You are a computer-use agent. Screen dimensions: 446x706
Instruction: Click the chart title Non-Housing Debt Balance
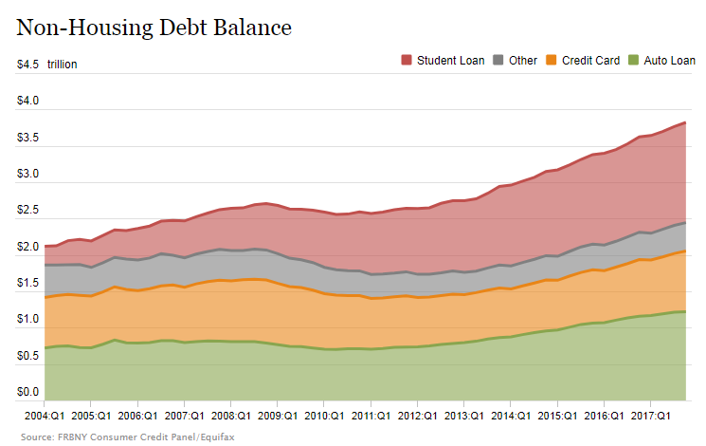pos(154,28)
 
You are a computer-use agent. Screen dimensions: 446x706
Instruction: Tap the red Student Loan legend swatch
pos(407,61)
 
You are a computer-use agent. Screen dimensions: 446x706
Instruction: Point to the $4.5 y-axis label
pos(27,65)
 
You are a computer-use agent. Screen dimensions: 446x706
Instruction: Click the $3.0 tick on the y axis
pos(27,175)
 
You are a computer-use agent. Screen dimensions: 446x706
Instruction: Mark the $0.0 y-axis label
pos(27,392)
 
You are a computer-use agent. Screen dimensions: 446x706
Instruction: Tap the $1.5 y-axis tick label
pos(27,284)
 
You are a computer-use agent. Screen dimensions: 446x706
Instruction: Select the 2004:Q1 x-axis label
pos(45,416)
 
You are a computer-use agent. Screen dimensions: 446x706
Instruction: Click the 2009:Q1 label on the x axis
pos(275,416)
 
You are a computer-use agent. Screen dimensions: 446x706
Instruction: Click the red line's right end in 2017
pos(684,122)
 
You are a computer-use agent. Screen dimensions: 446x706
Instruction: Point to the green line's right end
pos(684,311)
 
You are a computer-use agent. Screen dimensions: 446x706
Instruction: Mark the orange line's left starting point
pos(45,298)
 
